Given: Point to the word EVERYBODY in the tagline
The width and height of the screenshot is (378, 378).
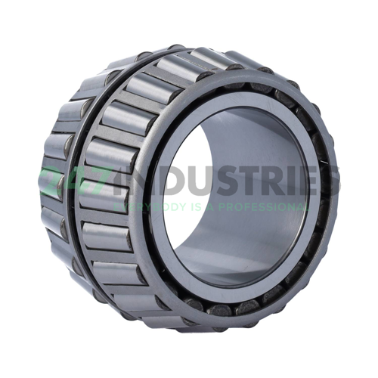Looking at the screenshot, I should coord(143,205).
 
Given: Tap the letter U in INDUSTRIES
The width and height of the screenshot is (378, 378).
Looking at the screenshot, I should coord(191,182).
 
